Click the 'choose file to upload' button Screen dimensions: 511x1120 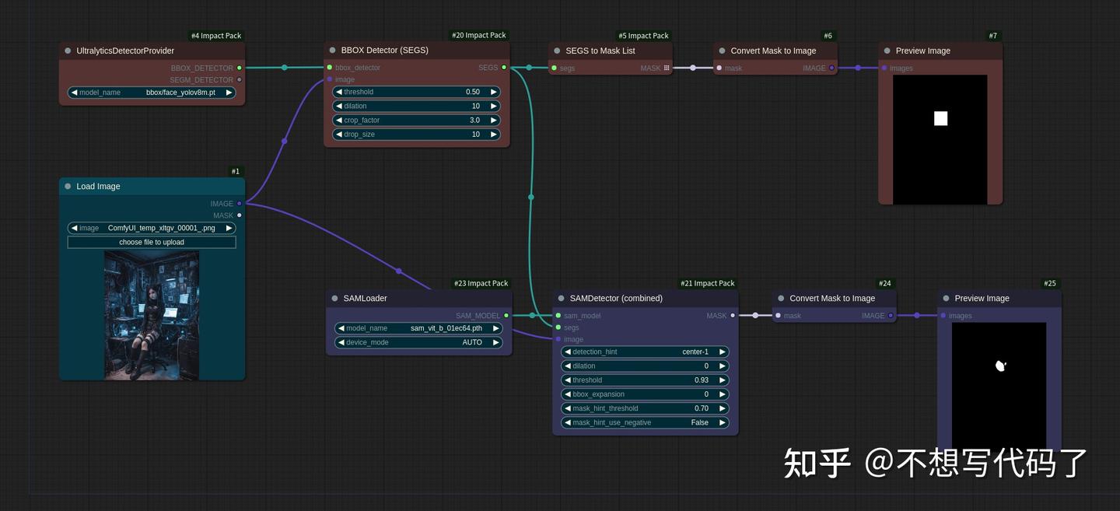click(x=152, y=242)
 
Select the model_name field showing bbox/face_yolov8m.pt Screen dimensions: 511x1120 click(x=152, y=93)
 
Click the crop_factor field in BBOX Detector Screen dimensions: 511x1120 click(x=416, y=121)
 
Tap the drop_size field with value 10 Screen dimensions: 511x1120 click(x=416, y=135)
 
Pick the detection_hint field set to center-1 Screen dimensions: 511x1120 click(x=645, y=352)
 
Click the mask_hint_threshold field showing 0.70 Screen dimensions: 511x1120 click(x=645, y=408)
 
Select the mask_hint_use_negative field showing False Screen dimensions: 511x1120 click(x=645, y=422)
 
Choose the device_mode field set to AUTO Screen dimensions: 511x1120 click(x=418, y=342)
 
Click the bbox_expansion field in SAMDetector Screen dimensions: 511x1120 click(x=645, y=394)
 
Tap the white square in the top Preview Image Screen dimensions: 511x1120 click(x=940, y=118)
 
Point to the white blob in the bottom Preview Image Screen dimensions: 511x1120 click(x=1000, y=365)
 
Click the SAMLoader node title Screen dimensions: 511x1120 click(x=365, y=299)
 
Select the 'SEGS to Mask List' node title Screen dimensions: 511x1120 click(x=600, y=51)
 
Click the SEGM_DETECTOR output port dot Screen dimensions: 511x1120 click(x=239, y=79)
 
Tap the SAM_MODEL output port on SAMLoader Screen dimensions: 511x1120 click(x=506, y=316)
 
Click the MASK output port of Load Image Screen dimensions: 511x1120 click(x=239, y=215)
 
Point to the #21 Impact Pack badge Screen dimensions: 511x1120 click(x=707, y=283)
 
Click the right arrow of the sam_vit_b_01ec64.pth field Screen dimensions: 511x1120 click(x=496, y=328)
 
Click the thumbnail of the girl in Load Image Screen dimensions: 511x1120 click(x=152, y=315)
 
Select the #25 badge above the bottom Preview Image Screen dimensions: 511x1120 click(x=1050, y=283)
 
